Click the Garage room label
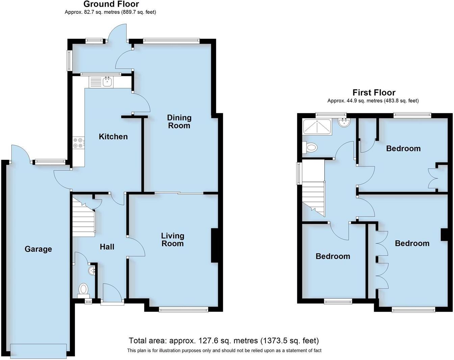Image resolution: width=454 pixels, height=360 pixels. click(x=38, y=249)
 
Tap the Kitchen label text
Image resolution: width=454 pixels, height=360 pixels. click(x=113, y=137)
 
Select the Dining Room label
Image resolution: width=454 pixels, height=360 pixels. click(x=179, y=122)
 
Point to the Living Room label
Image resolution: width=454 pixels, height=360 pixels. click(x=172, y=240)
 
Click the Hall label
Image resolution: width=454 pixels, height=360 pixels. click(x=107, y=247)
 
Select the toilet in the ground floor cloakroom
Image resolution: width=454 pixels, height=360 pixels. click(x=83, y=290)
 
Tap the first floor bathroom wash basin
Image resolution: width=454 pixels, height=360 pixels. click(x=344, y=123)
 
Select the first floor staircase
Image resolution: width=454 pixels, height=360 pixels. click(x=313, y=189)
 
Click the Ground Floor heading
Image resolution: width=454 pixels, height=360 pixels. click(x=111, y=4)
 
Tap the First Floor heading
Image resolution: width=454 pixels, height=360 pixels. click(x=374, y=92)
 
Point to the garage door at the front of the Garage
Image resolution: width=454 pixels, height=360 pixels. click(x=38, y=351)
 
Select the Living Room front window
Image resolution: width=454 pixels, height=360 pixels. click(x=183, y=309)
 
